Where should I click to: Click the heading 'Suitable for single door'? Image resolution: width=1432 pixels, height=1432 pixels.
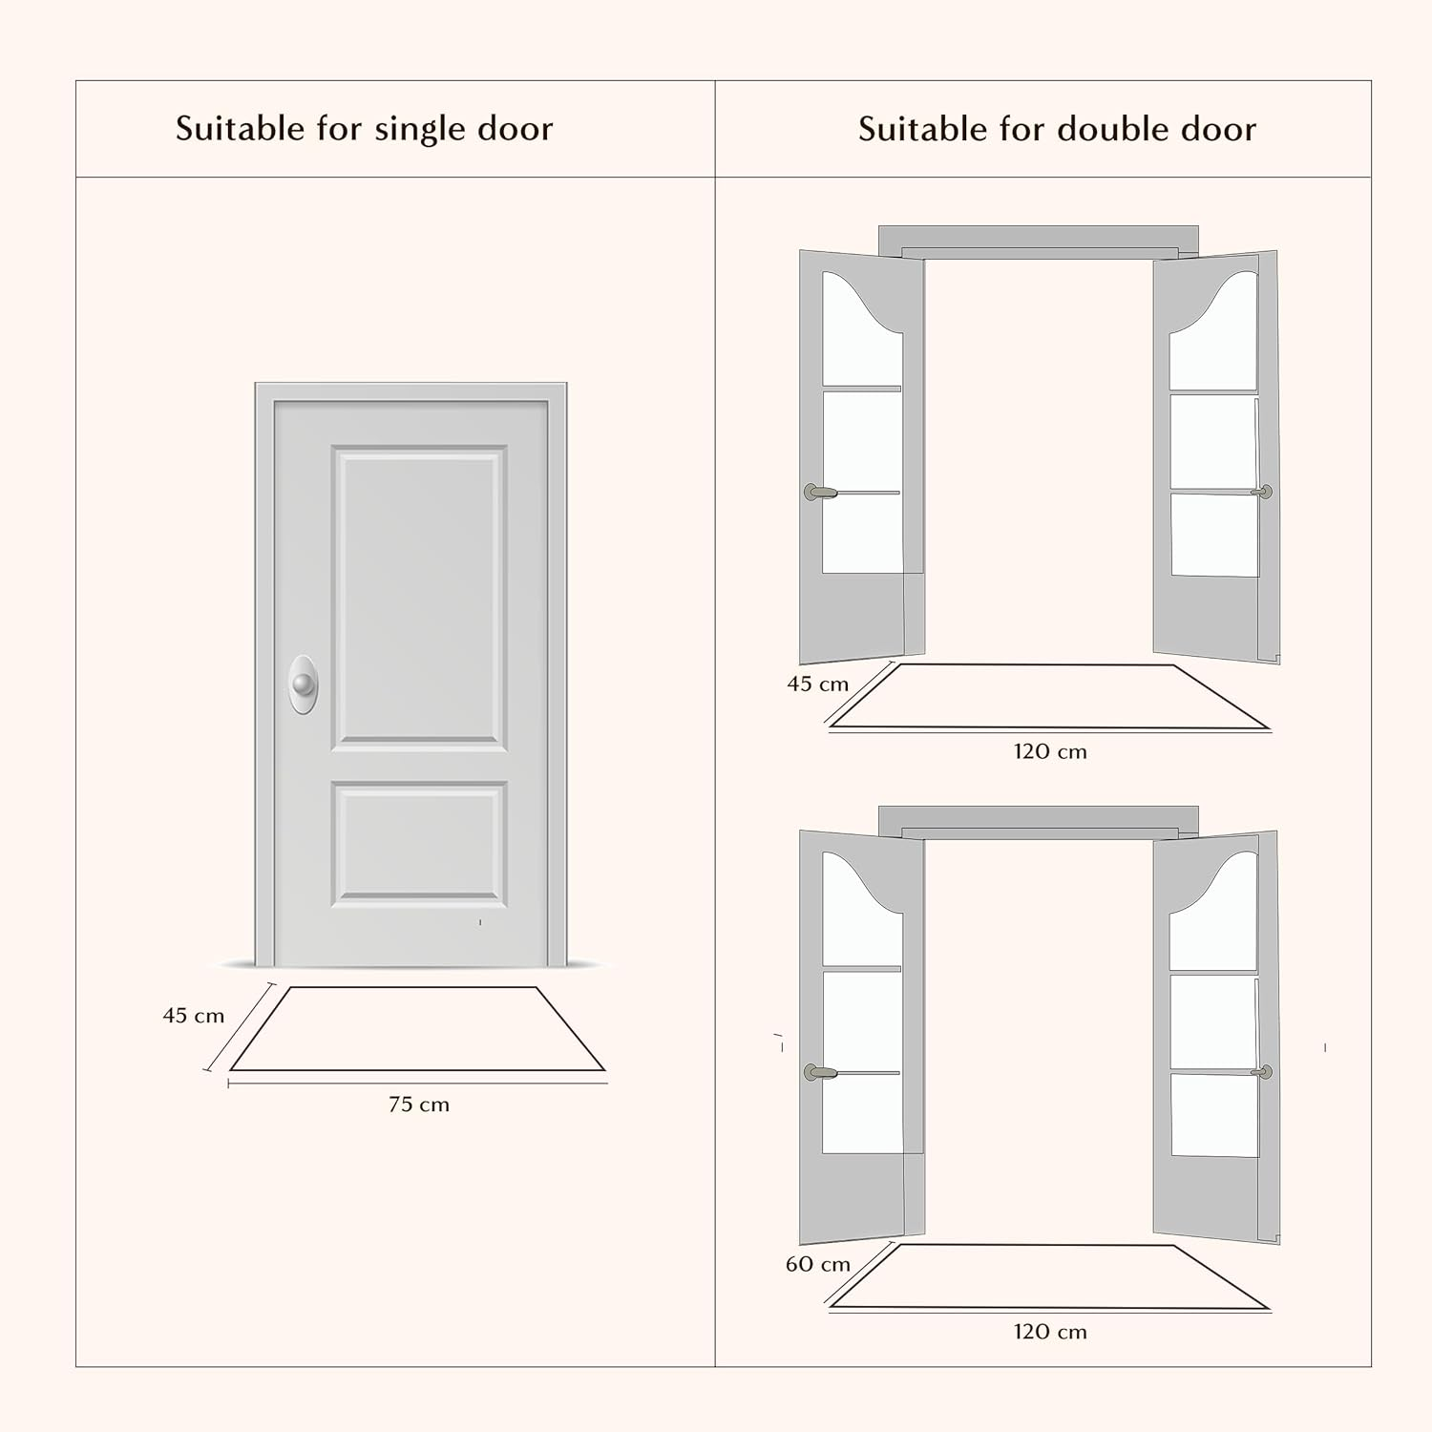click(364, 129)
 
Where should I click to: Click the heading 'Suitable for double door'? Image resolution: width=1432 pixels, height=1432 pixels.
click(1057, 129)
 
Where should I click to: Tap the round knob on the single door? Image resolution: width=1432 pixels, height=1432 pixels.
click(304, 684)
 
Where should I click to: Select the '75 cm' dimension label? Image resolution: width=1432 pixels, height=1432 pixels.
click(419, 1105)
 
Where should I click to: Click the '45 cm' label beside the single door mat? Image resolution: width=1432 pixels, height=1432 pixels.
click(194, 1016)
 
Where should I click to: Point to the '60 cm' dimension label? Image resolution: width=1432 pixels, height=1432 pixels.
click(818, 1264)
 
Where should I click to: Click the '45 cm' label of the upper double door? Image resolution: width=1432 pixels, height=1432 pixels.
click(818, 684)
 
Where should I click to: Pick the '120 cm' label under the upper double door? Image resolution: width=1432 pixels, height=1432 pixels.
click(1050, 751)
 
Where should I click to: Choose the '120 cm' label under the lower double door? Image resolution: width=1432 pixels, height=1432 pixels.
click(1050, 1332)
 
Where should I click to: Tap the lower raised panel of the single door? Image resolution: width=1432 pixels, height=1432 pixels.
click(419, 844)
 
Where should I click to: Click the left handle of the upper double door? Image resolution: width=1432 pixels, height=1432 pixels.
click(819, 493)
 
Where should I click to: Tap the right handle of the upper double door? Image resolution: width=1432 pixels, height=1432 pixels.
click(1262, 493)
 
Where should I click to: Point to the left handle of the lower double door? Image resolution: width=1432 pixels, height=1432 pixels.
click(819, 1073)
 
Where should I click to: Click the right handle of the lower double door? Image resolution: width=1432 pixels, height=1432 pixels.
click(1262, 1073)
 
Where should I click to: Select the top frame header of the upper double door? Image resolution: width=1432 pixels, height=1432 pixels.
click(1039, 241)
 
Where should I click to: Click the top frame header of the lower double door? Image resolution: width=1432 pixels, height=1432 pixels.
click(1039, 821)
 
